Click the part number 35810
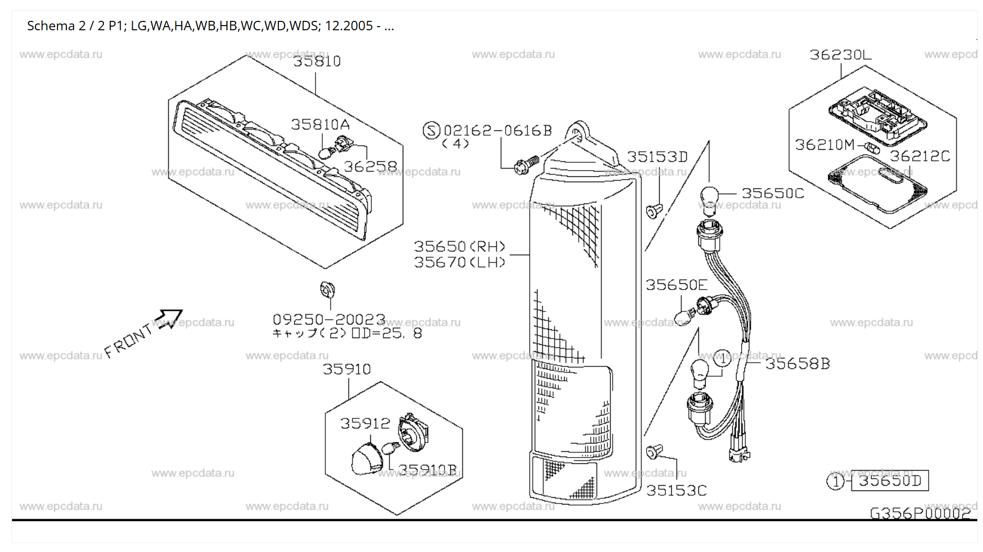coord(317,62)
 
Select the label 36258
coord(370,166)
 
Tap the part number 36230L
coord(840,55)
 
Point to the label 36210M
coord(825,145)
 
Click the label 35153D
coord(657,157)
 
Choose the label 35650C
coord(773,194)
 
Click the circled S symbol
coord(431,130)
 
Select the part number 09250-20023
coord(329,319)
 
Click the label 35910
coord(346,369)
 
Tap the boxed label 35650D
coord(890,481)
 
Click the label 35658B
coord(797,364)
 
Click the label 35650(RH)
coord(460,246)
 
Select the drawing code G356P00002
coord(920,513)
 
